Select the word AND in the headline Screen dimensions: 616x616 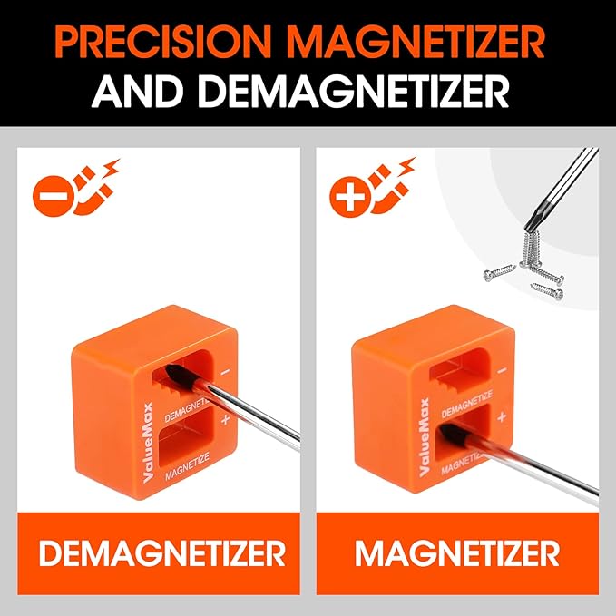137,91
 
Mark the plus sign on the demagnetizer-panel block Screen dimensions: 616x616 225,420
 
